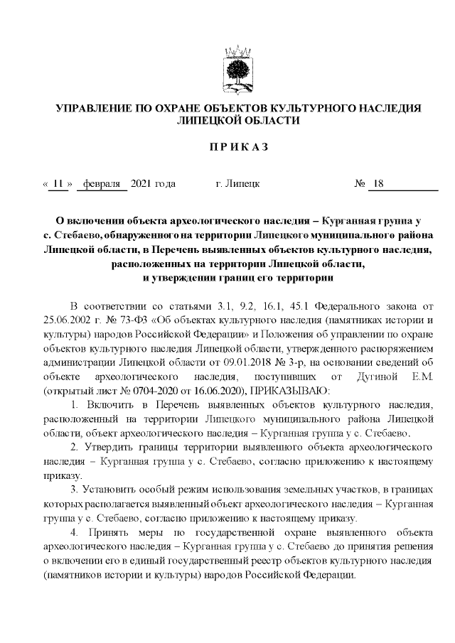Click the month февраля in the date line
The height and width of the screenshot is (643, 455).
coord(102,185)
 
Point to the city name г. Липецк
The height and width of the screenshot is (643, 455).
coord(237,185)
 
